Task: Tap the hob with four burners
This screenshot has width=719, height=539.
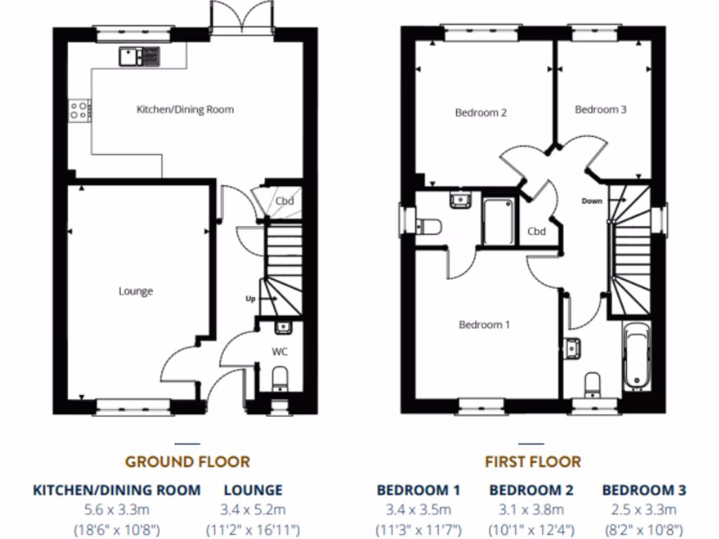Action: coord(79,110)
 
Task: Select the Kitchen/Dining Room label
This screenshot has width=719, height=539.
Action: coord(185,109)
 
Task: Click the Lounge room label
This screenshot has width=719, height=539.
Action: coord(136,291)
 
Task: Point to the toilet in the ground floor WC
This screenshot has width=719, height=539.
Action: coord(279,378)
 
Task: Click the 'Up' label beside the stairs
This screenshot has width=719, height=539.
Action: coord(249,298)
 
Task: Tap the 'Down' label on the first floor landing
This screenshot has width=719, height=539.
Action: coord(592,201)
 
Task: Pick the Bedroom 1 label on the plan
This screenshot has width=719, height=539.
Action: coord(484,324)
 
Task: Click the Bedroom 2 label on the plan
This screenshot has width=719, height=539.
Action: coord(481,112)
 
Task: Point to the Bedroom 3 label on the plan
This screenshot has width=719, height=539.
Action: coord(600,109)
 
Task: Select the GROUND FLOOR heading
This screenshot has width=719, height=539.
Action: coord(187,462)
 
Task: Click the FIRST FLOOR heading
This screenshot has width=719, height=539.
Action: coord(533,462)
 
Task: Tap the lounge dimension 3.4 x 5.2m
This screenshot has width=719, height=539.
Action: coord(253,510)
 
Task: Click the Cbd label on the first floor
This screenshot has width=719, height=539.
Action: coord(536,232)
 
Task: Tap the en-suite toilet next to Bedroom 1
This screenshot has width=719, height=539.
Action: coord(428,226)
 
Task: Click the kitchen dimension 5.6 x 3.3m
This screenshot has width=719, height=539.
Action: coord(117,510)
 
